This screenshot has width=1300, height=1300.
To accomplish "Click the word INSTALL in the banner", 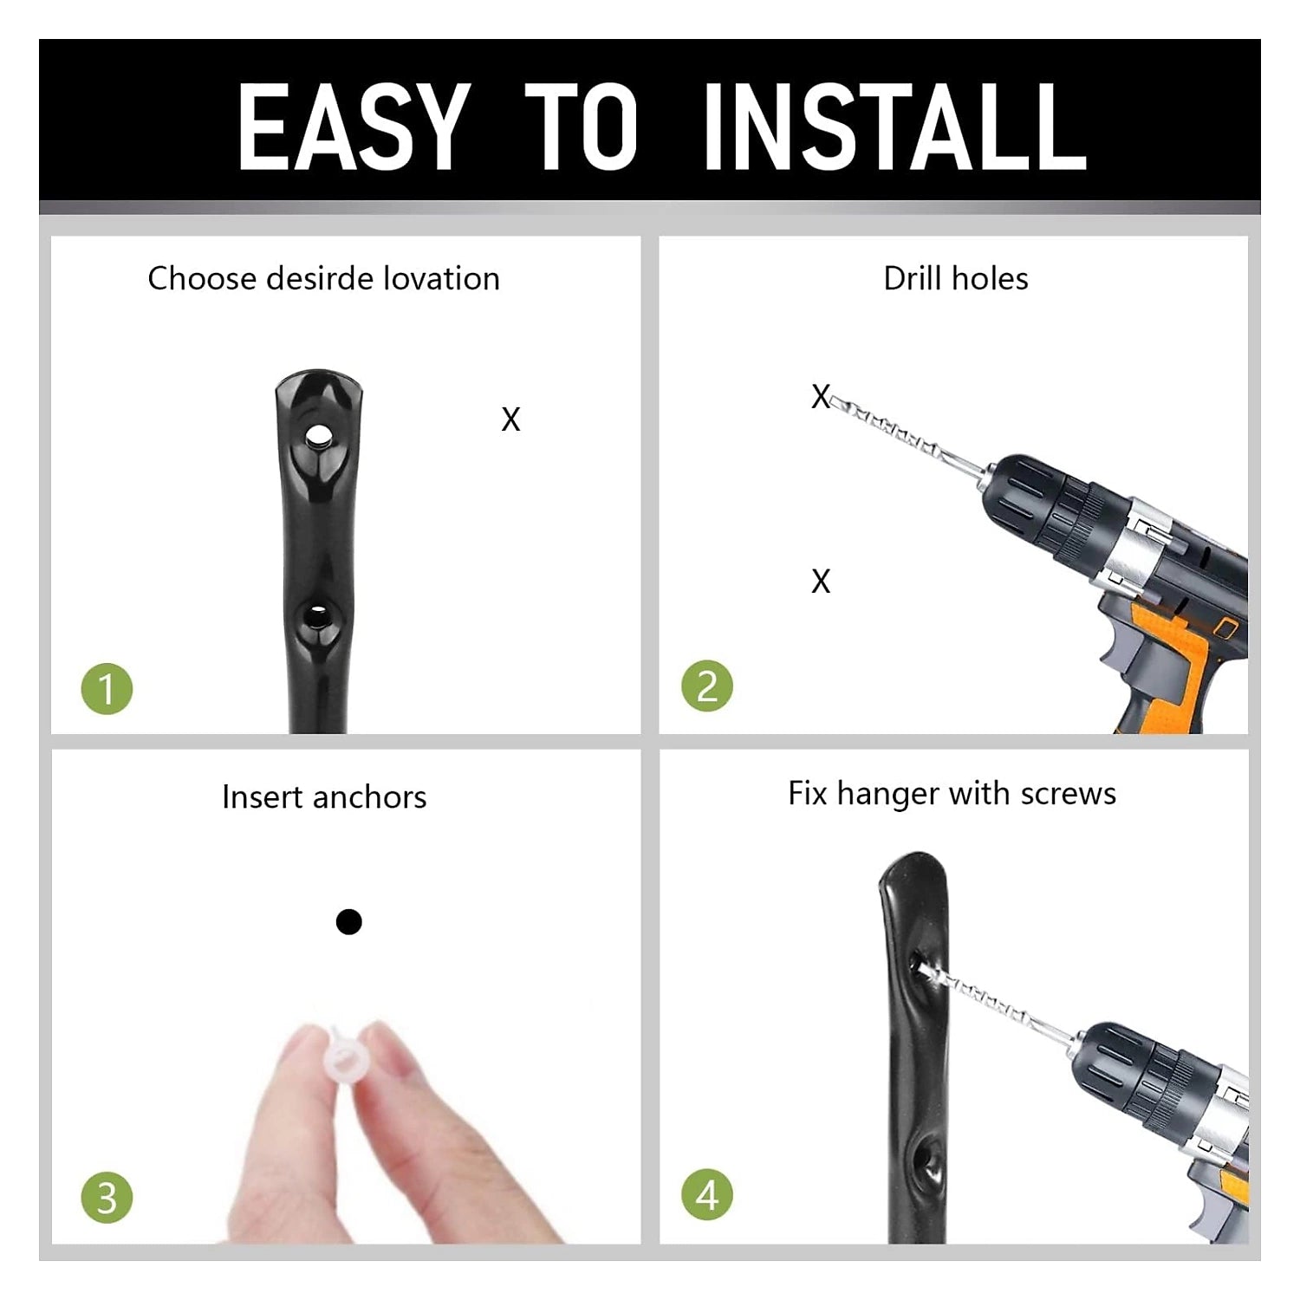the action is point(895,127).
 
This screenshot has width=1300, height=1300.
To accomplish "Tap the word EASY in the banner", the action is point(354,127).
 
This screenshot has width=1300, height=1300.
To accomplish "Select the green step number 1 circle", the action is point(107,690).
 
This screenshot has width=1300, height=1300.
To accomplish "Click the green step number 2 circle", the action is point(707,686).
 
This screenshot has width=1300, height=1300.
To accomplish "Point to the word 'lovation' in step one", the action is point(442,278).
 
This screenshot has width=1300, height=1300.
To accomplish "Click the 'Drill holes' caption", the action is point(956,278).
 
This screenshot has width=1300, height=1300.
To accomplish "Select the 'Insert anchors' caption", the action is point(324,796).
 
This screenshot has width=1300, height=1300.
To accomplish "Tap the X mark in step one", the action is point(510,419).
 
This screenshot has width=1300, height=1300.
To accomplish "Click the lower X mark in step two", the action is point(821,581).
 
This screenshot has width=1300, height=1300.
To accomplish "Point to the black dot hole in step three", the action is point(348,921).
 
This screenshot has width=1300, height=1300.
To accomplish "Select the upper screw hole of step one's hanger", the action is point(319,433).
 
